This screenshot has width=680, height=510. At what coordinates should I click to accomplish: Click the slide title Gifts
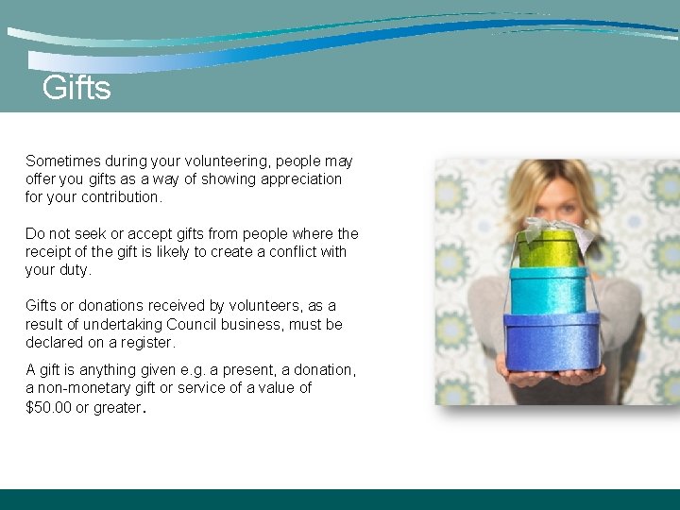pos(76,89)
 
